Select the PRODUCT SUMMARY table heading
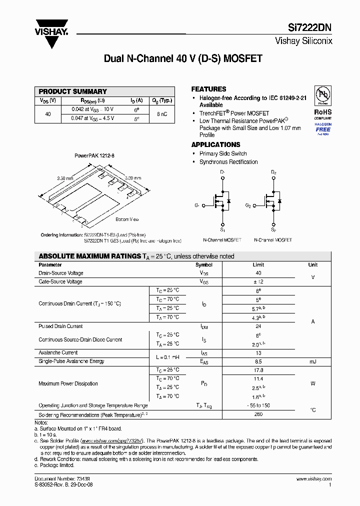click(73, 91)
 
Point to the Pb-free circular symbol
click(322, 95)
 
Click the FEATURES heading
click(209, 89)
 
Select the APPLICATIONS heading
click(216, 144)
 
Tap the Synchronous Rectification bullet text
click(228, 162)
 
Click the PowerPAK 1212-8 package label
click(94, 156)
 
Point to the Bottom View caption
click(127, 219)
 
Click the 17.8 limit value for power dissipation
click(258, 370)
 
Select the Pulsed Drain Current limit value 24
click(258, 326)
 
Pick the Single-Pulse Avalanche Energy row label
click(71, 361)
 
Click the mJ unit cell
click(312, 361)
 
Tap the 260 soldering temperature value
click(258, 415)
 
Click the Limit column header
click(258, 265)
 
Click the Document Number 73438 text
click(62, 479)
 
